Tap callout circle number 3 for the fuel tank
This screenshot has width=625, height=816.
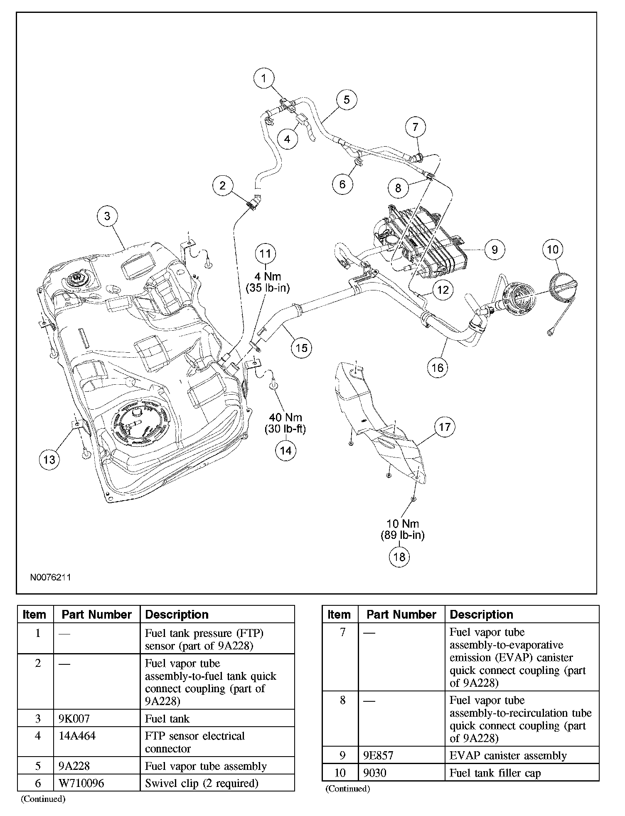point(108,216)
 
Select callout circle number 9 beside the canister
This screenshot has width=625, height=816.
point(495,250)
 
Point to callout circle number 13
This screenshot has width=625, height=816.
point(49,460)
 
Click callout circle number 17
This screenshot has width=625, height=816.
point(445,427)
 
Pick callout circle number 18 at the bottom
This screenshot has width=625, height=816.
point(399,556)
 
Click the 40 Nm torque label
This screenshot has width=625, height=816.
point(285,423)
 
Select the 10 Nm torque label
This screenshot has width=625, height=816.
point(402,529)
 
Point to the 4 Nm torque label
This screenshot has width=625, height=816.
point(268,282)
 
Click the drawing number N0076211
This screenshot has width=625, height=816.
point(50,578)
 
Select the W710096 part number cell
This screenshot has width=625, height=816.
point(81,783)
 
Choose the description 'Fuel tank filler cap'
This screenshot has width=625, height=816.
point(495,773)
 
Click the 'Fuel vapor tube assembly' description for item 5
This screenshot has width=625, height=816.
point(206,766)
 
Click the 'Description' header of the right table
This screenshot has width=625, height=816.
point(481,614)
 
